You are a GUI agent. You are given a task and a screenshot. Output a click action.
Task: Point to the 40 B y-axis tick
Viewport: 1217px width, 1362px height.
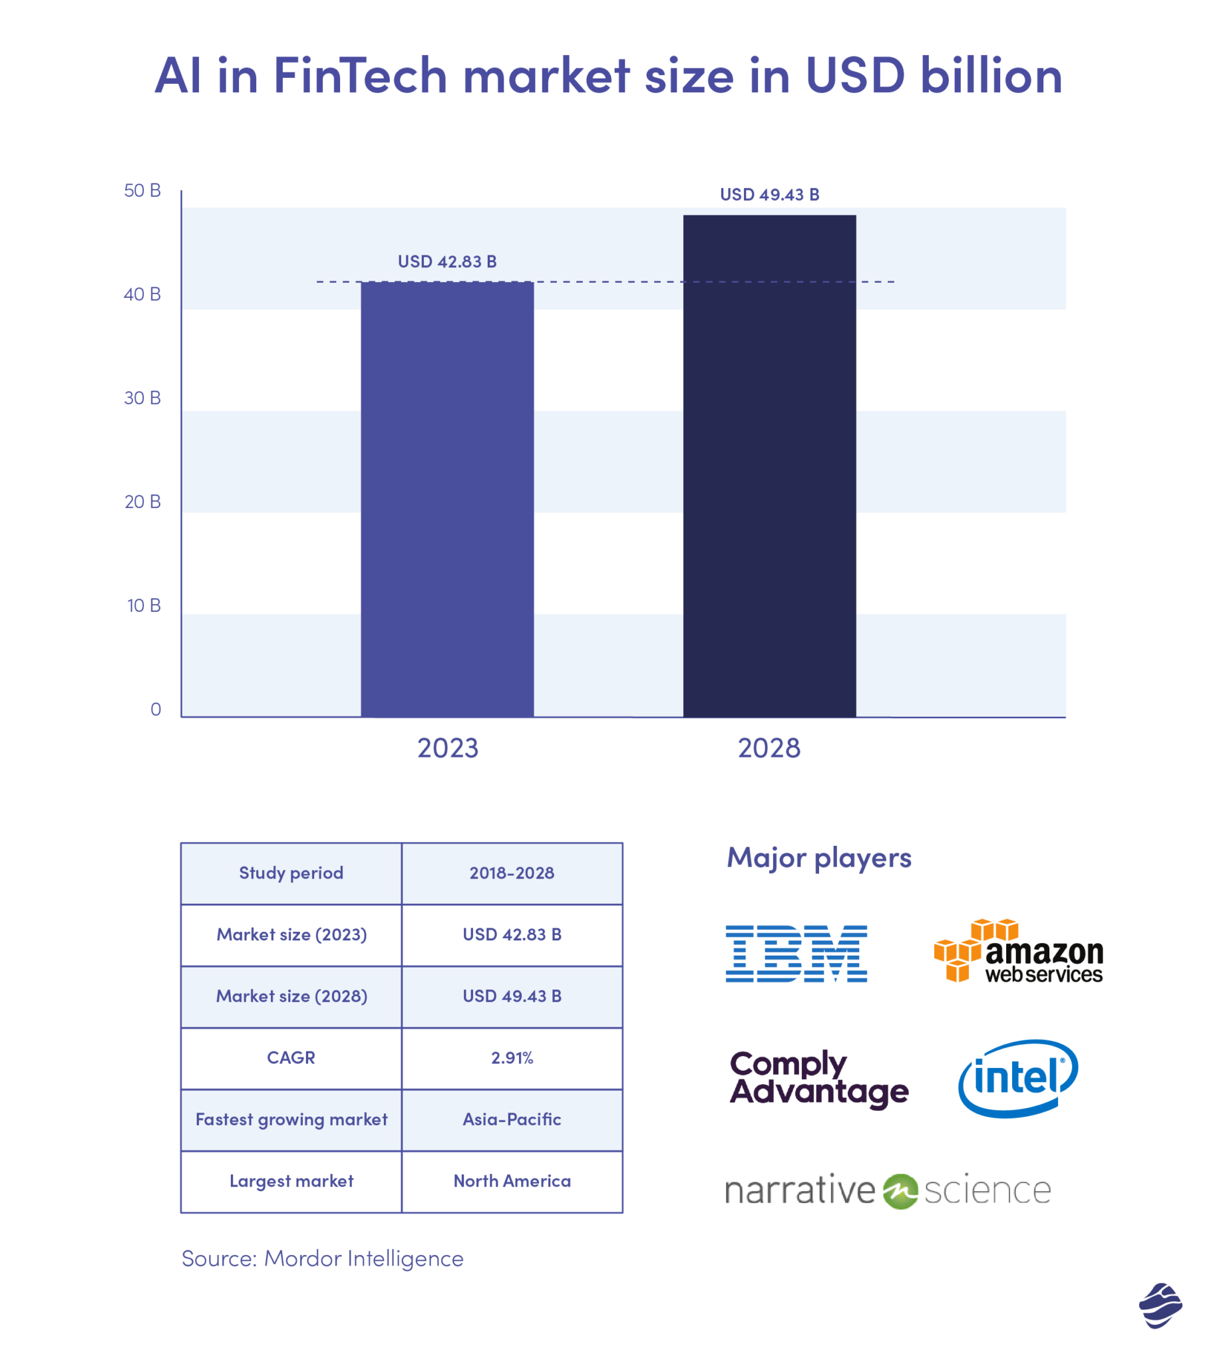142,294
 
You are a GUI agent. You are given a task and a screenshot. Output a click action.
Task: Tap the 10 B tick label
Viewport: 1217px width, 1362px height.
143,605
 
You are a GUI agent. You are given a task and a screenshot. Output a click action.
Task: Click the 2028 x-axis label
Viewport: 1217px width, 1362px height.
769,748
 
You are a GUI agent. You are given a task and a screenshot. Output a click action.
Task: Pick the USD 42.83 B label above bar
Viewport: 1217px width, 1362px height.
446,261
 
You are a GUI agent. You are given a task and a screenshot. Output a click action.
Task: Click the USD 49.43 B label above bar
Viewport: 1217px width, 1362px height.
769,194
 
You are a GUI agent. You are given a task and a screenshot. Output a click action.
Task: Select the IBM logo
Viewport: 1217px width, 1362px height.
796,953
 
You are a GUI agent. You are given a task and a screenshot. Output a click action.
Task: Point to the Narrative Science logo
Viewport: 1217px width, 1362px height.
888,1191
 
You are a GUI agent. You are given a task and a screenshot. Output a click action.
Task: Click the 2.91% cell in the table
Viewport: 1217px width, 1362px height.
512,1057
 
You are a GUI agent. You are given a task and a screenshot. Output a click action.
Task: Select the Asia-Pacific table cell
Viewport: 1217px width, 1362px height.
512,1119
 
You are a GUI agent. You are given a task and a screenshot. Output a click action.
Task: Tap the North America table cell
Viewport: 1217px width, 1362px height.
512,1181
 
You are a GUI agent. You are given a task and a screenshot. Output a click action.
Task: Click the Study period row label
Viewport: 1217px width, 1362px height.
291,873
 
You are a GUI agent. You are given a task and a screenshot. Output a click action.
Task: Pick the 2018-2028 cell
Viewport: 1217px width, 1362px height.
512,873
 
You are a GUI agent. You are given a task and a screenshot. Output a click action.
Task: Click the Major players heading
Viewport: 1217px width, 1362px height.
818,857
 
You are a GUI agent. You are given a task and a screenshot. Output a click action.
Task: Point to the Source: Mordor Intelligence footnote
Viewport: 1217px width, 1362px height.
322,1258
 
